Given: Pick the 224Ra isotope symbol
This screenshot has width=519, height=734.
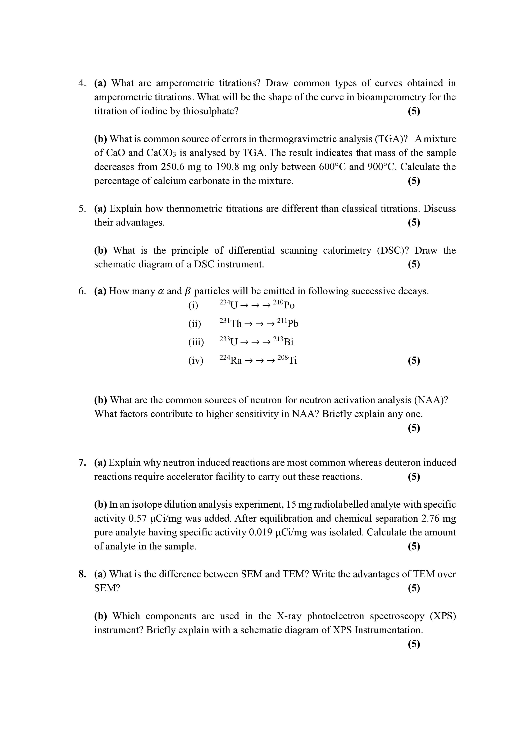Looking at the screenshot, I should point(230,360).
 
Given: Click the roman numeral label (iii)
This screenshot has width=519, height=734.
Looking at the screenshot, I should point(196,342).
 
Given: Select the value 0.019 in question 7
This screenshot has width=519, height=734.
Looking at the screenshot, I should point(260,532).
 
